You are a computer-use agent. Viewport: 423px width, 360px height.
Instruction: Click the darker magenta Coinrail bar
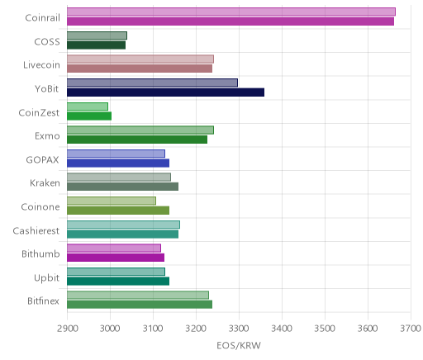[231, 21]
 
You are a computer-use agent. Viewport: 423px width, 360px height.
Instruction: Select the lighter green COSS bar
[97, 36]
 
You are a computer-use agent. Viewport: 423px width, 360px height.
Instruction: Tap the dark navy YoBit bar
[166, 92]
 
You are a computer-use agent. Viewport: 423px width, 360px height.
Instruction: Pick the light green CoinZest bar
[88, 107]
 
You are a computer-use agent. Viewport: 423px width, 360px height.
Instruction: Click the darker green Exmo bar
[137, 140]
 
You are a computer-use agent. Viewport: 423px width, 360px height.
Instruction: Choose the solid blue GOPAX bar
[118, 163]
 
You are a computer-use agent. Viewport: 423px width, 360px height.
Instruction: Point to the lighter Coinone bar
[112, 201]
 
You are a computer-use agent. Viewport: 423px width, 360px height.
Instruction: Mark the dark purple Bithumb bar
[116, 258]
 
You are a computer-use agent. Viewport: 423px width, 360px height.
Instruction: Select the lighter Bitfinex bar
[138, 296]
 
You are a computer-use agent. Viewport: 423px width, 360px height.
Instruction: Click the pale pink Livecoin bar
[140, 59]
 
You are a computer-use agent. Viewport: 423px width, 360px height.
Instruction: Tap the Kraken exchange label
[45, 183]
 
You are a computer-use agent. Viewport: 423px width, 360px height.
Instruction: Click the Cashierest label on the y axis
[36, 230]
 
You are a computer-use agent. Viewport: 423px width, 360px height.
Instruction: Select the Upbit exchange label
[46, 278]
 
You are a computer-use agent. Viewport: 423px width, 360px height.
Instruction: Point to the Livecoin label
[41, 65]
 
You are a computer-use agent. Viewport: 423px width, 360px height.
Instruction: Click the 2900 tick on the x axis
[68, 329]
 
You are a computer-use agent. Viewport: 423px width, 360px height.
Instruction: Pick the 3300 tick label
[240, 329]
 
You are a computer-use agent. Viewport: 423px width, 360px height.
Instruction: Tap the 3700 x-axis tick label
[411, 329]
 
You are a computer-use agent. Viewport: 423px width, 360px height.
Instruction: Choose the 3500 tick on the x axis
[325, 329]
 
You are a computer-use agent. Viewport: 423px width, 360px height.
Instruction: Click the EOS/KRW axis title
[239, 346]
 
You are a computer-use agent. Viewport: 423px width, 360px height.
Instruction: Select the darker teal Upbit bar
[118, 282]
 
